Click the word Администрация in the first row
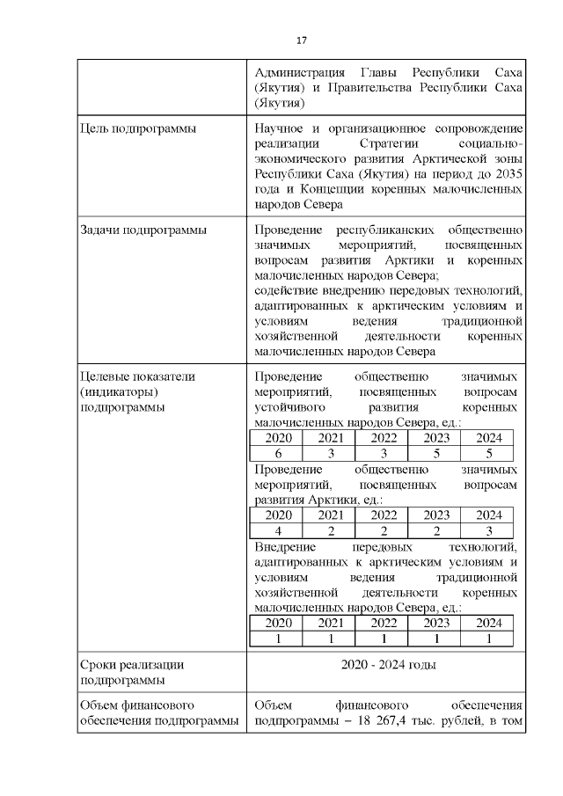pyautogui.click(x=296, y=71)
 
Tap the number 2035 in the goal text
pyautogui.click(x=508, y=174)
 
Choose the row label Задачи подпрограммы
pyautogui.click(x=143, y=230)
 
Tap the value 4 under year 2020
pyautogui.click(x=278, y=530)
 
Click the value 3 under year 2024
pyautogui.click(x=489, y=530)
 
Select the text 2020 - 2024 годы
pyautogui.click(x=388, y=665)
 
